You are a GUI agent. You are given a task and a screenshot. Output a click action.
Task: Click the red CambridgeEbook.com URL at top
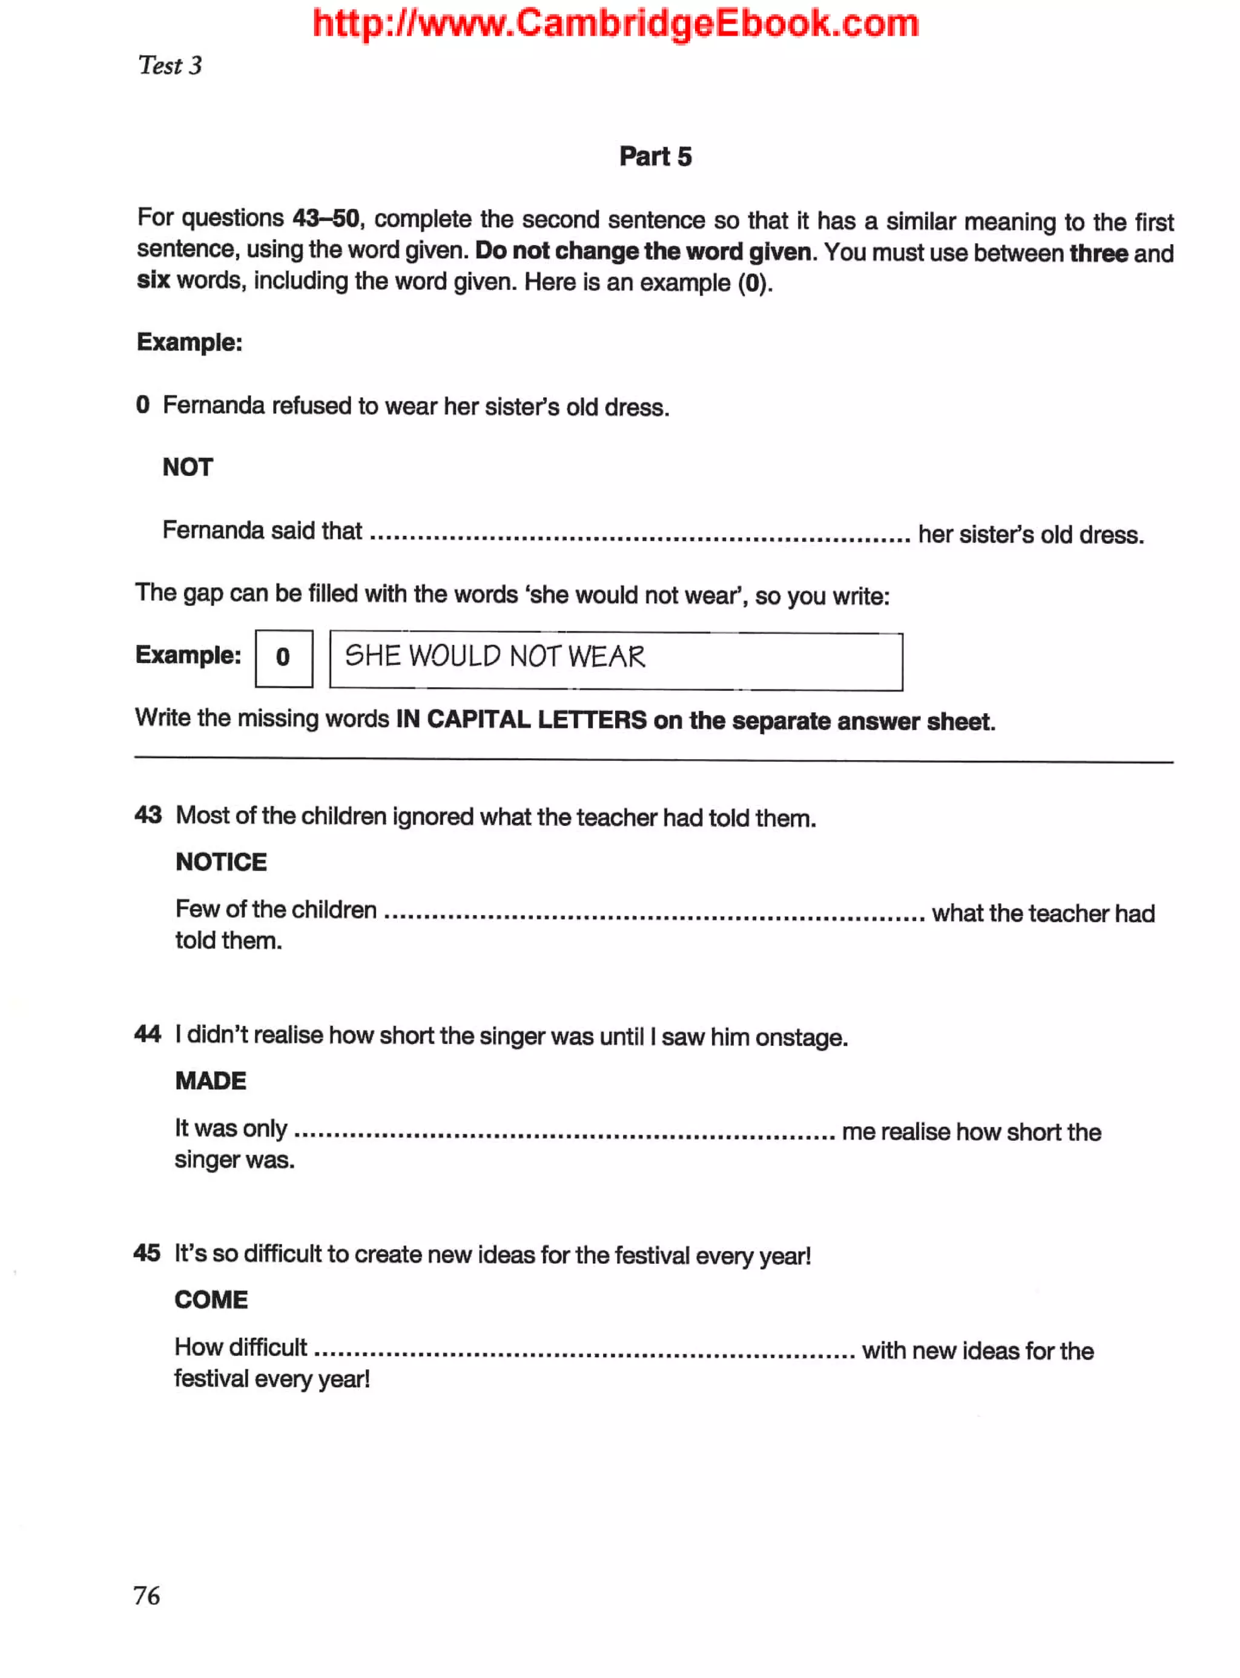point(616,23)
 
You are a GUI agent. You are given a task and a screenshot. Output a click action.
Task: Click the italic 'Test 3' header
point(170,66)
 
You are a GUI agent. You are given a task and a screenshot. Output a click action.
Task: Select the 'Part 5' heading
point(655,156)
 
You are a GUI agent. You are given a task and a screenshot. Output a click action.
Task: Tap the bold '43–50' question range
point(325,219)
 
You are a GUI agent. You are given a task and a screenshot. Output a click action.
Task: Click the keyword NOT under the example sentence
point(188,467)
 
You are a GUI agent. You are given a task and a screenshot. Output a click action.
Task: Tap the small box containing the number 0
point(283,658)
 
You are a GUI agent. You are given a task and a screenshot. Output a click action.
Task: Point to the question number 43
point(148,814)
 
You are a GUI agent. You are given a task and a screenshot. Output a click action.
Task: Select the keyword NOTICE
point(220,862)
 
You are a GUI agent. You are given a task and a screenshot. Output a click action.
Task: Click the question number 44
point(147,1034)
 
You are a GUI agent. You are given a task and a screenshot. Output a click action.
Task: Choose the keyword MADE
point(210,1080)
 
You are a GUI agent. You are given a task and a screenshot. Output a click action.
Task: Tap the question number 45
point(147,1252)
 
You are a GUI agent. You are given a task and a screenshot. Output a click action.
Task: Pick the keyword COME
point(211,1300)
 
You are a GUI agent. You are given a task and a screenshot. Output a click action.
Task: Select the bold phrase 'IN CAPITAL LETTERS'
point(521,719)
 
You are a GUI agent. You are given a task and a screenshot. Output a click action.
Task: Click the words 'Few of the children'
point(275,909)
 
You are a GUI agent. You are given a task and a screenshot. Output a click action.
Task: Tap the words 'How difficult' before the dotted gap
point(240,1347)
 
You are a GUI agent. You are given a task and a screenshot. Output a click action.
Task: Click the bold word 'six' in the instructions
point(153,280)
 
